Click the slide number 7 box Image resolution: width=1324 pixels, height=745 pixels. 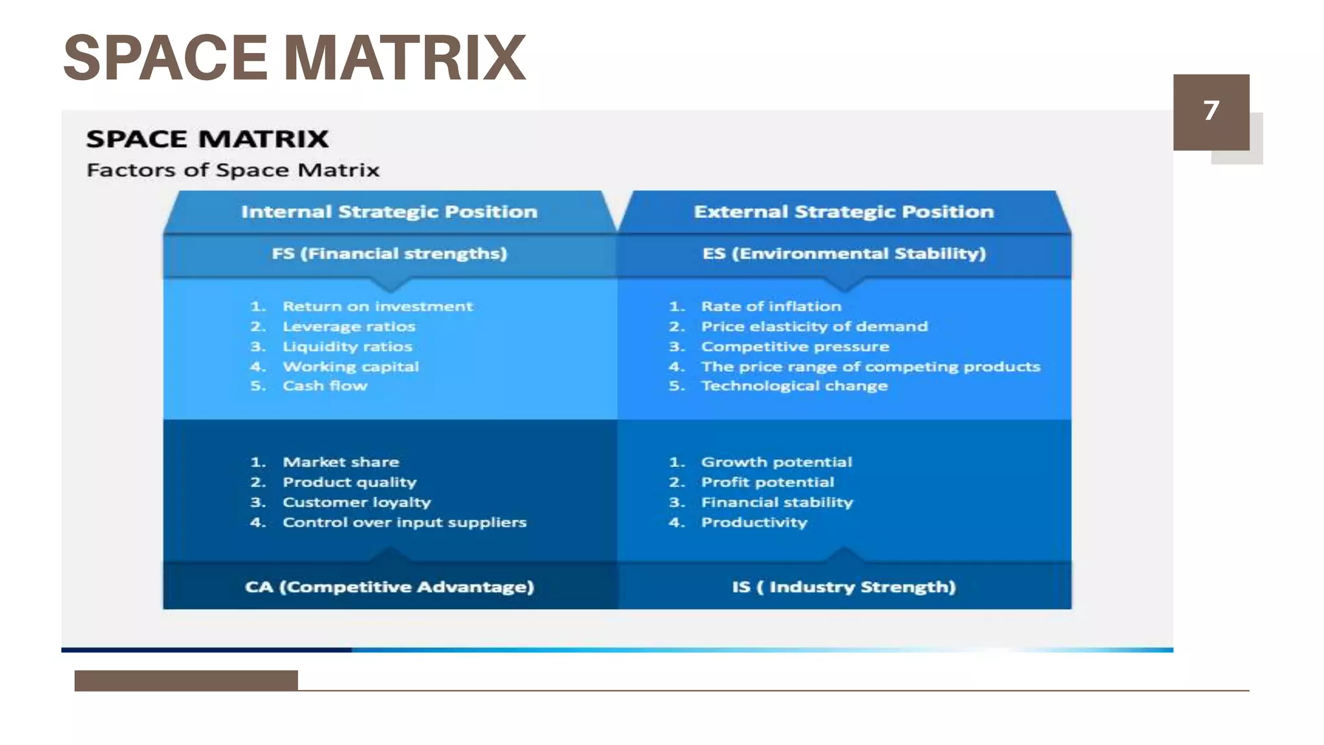tap(1211, 111)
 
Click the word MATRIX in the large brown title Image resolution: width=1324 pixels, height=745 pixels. tap(405, 58)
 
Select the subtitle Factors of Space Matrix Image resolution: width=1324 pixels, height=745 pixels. tap(233, 170)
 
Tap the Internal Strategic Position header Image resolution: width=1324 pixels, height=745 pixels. tap(389, 212)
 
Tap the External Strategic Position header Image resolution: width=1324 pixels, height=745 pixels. tap(844, 212)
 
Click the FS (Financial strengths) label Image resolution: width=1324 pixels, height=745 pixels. tap(389, 254)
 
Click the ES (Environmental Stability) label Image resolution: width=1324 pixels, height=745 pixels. tap(844, 254)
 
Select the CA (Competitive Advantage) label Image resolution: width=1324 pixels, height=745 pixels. tap(389, 587)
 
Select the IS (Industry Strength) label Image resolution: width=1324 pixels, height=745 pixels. tap(844, 587)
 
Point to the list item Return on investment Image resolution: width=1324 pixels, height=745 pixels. tap(378, 307)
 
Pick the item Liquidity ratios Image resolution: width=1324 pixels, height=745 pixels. tap(347, 347)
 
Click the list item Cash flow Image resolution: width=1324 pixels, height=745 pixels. tap(325, 386)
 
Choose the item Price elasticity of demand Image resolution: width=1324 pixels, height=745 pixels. tap(814, 327)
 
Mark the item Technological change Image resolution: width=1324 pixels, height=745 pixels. tap(795, 386)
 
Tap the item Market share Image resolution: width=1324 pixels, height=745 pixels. tap(341, 462)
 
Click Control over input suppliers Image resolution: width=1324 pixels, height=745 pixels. tap(404, 523)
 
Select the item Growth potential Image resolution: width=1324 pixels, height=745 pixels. tap(776, 462)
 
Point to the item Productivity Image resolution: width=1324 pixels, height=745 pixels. tap(754, 523)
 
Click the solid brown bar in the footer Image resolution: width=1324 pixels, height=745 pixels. tap(186, 680)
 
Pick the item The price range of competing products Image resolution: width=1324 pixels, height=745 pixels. tap(870, 367)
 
